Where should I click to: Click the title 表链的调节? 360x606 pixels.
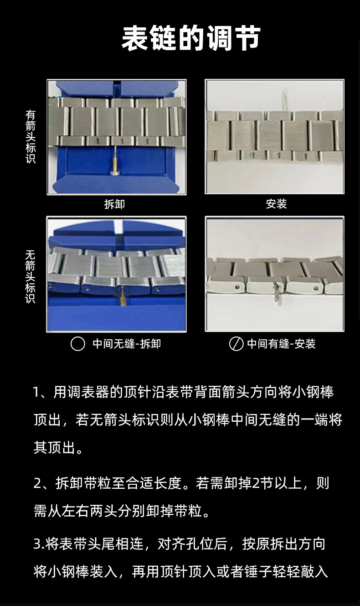click(191, 38)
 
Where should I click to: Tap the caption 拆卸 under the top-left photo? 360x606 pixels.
click(114, 204)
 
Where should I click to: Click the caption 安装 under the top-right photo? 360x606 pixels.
click(276, 204)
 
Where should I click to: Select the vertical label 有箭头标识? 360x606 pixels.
click(30, 136)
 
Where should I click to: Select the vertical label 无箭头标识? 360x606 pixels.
click(30, 277)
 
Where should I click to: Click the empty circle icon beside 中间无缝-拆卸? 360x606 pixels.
click(77, 344)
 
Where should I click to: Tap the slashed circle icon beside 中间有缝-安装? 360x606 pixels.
click(236, 344)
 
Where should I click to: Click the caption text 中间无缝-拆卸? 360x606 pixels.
click(127, 344)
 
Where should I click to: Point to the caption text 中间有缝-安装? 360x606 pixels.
click(281, 344)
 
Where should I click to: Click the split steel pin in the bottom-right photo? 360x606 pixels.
click(277, 293)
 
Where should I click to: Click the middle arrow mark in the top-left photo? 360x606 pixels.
click(123, 140)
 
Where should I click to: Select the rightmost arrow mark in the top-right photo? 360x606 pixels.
click(306, 155)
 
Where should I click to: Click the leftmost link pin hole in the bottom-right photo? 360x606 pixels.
click(237, 287)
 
